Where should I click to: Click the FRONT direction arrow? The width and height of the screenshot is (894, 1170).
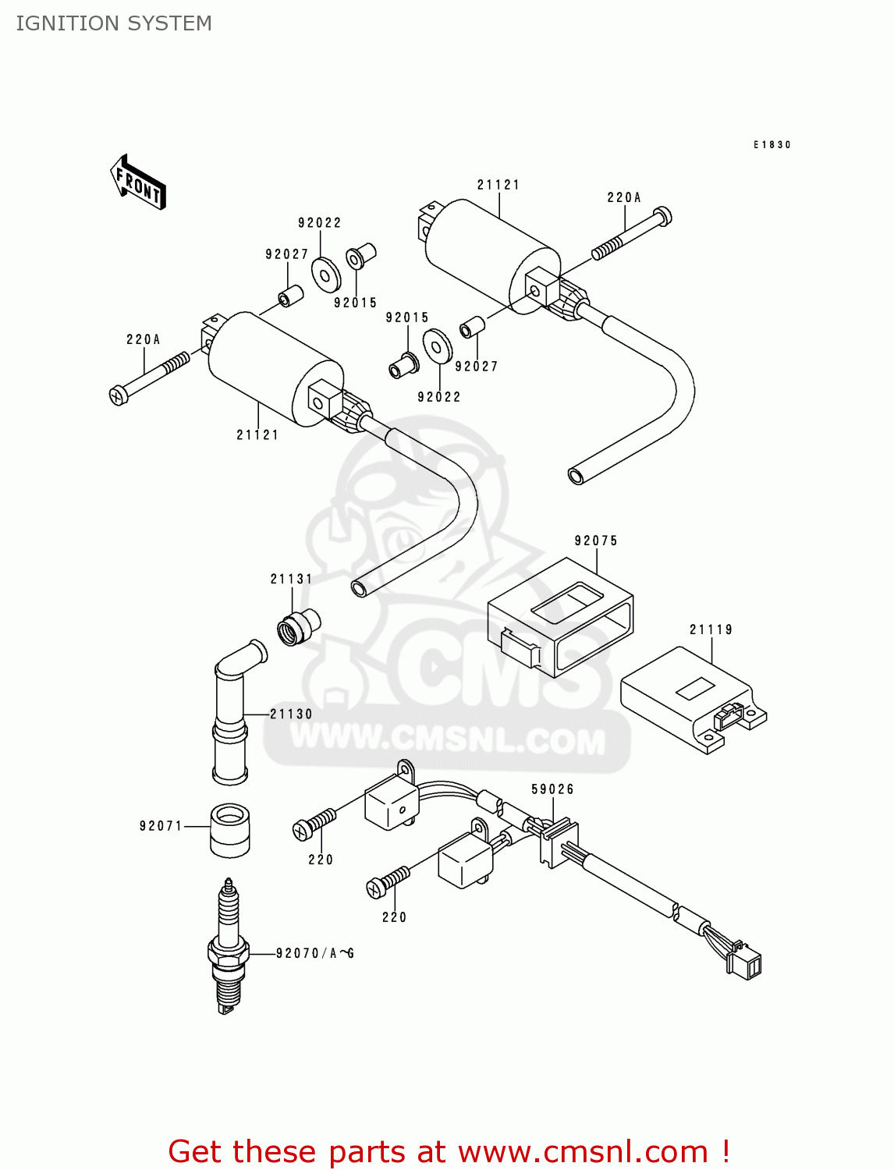coord(138,183)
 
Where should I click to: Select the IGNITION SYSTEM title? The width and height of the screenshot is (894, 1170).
coord(114,23)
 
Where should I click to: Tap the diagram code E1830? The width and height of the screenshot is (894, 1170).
coord(772,145)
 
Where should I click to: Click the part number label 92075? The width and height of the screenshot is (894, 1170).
coord(596,541)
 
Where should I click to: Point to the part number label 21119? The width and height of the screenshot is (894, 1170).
coord(711,629)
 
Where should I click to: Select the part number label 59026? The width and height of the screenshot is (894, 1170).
coord(552,789)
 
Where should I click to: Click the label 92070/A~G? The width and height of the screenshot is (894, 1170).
coord(315,953)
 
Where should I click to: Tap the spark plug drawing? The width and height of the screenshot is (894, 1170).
coord(228,948)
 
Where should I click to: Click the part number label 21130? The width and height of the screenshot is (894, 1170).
coord(291,714)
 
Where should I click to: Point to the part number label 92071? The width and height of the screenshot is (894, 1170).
coord(161,826)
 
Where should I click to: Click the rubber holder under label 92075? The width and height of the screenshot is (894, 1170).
coord(560,616)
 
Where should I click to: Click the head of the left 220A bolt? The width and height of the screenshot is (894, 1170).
coord(119,395)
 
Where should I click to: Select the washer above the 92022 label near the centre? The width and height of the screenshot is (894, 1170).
coord(438,346)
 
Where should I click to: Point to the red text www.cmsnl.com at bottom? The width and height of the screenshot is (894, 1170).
coord(582,1152)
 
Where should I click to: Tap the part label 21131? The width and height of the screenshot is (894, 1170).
coord(291,579)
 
